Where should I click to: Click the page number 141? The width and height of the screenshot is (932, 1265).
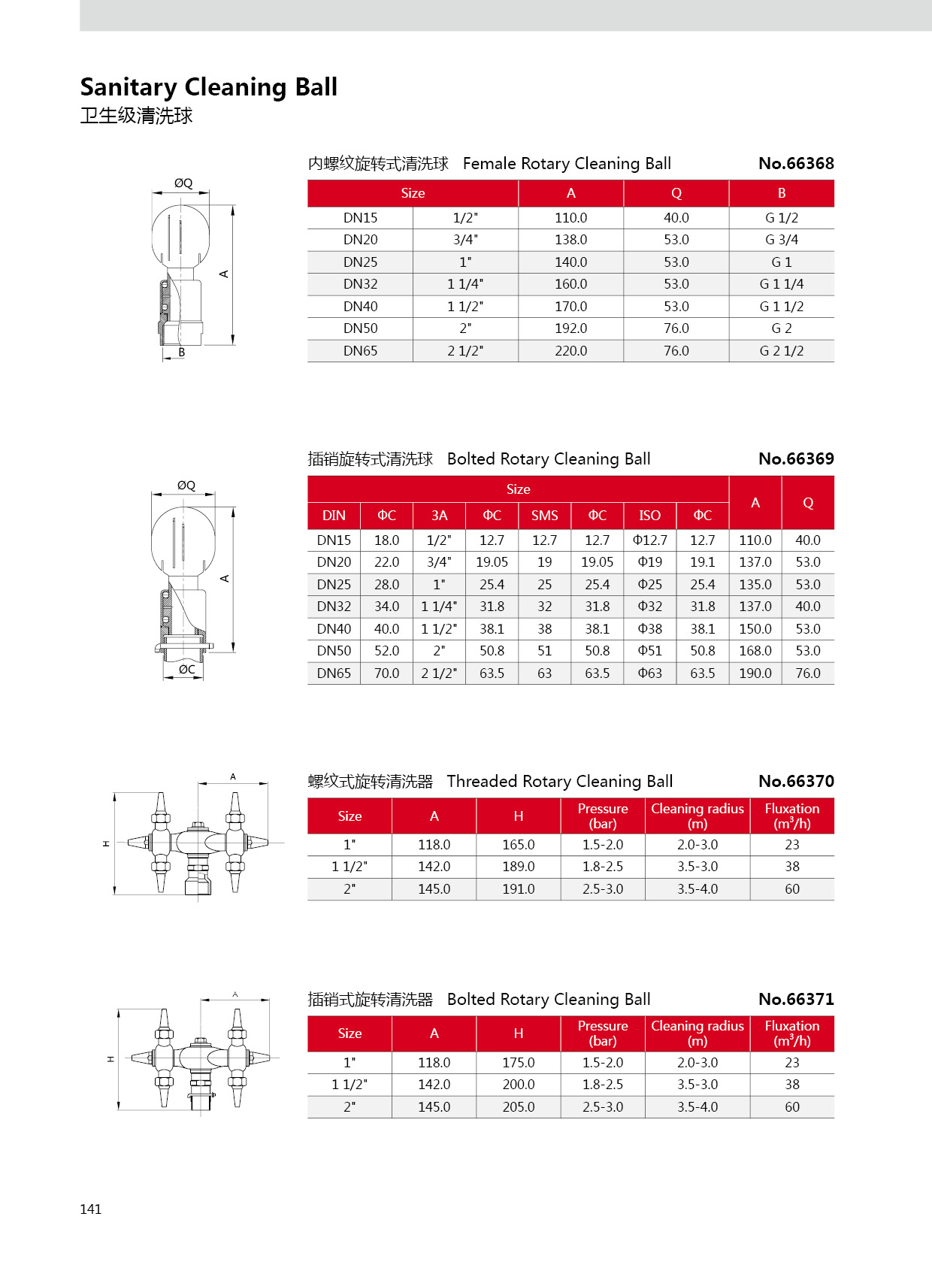pyautogui.click(x=90, y=1209)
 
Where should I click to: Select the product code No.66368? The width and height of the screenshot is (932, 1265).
pyautogui.click(x=796, y=163)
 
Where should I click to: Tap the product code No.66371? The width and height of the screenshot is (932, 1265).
pyautogui.click(x=796, y=999)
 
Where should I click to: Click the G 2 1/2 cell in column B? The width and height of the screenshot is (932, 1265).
pyautogui.click(x=781, y=351)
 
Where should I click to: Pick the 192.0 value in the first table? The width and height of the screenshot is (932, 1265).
pyautogui.click(x=570, y=328)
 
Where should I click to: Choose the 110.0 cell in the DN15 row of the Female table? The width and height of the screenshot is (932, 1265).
pyautogui.click(x=570, y=218)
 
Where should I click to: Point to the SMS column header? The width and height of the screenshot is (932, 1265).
pyautogui.click(x=544, y=516)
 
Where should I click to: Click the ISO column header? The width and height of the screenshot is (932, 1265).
pyautogui.click(x=649, y=516)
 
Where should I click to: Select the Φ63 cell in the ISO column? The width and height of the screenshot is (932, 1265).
pyautogui.click(x=649, y=673)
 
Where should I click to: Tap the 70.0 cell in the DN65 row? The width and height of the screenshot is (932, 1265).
pyautogui.click(x=386, y=673)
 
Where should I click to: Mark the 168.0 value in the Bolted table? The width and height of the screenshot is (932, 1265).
pyautogui.click(x=755, y=651)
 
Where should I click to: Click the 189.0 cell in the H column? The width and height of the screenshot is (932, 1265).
pyautogui.click(x=518, y=867)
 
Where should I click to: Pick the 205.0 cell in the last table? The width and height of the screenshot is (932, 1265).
pyautogui.click(x=518, y=1107)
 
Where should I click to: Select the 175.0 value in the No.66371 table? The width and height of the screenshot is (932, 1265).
pyautogui.click(x=518, y=1063)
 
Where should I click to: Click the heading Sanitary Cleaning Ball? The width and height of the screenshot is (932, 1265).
pyautogui.click(x=209, y=87)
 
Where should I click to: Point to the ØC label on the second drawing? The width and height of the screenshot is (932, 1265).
pyautogui.click(x=186, y=669)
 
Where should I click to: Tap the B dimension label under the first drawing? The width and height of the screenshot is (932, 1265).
pyautogui.click(x=181, y=353)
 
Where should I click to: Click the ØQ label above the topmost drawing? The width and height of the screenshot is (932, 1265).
pyautogui.click(x=183, y=183)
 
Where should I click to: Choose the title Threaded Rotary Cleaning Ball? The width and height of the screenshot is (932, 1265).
pyautogui.click(x=559, y=782)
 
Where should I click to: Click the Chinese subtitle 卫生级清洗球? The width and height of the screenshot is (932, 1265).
pyautogui.click(x=136, y=116)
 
